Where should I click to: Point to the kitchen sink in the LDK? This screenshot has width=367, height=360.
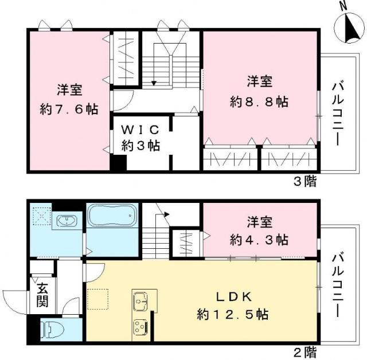[x=141, y=300]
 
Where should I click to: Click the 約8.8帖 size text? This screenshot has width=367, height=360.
[x=259, y=102]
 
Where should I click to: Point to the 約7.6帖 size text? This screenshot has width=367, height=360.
[x=68, y=107]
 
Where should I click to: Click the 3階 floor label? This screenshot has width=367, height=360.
[x=304, y=182]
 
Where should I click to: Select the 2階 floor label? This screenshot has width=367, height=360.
[x=304, y=350]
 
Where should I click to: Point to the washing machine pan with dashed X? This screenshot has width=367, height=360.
[x=40, y=214]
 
